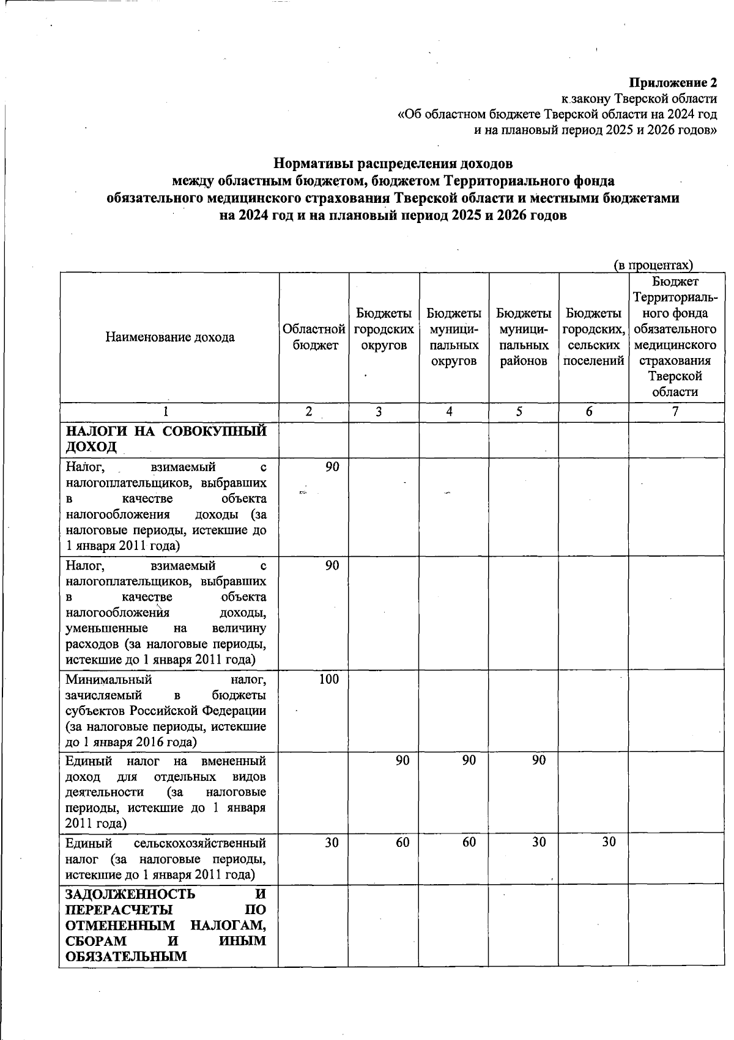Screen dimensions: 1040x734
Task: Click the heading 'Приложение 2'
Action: [x=673, y=82]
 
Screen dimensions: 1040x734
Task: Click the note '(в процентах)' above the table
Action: [x=653, y=265]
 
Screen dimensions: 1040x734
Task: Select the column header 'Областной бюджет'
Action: [x=314, y=337]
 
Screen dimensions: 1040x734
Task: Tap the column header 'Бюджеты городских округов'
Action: [x=384, y=329]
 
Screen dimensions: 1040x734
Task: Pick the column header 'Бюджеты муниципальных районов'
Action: [x=524, y=337]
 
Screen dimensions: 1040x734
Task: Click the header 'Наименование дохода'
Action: [x=170, y=337]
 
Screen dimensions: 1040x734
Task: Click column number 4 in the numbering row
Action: [x=450, y=412]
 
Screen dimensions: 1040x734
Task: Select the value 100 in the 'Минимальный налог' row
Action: [x=328, y=679]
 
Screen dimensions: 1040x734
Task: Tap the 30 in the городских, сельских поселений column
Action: [x=608, y=842]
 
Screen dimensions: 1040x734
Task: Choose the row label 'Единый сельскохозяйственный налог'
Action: [x=165, y=858]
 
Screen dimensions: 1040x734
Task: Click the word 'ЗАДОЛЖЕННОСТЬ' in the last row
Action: [x=130, y=894]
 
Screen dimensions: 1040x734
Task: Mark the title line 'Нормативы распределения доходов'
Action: [x=393, y=164]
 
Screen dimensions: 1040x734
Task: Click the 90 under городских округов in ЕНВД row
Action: [x=402, y=761]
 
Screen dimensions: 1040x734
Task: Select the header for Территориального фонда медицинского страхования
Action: [x=675, y=337]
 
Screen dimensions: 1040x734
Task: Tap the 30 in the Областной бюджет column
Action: [x=332, y=842]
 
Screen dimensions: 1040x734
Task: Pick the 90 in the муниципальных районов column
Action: [x=538, y=761]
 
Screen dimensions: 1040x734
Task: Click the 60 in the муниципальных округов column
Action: [x=469, y=842]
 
